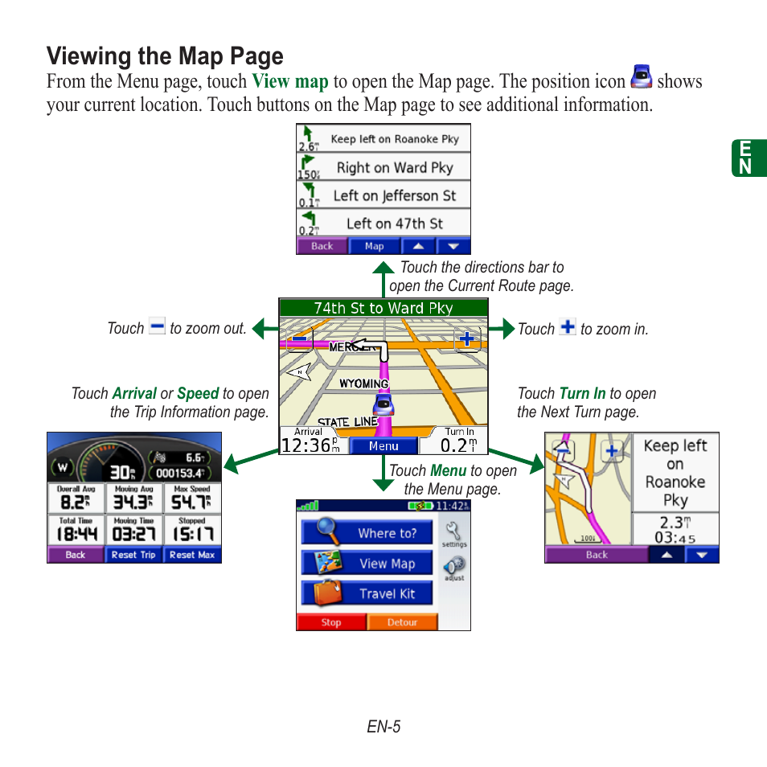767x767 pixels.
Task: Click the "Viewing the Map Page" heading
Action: (x=165, y=56)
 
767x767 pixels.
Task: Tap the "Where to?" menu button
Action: (x=367, y=532)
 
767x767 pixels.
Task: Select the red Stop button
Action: (x=331, y=622)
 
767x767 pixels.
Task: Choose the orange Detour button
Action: (x=402, y=622)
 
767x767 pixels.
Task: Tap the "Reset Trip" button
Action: (x=133, y=555)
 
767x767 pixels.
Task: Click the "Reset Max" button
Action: (x=192, y=555)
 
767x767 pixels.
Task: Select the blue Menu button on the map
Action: (x=383, y=446)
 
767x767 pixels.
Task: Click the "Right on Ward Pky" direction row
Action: (x=383, y=167)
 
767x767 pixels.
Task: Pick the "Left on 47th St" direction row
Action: (x=383, y=224)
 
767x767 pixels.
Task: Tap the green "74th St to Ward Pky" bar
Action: (x=383, y=307)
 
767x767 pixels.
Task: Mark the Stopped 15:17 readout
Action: (x=192, y=531)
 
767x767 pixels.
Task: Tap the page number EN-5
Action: (x=383, y=727)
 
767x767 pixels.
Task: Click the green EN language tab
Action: (x=745, y=158)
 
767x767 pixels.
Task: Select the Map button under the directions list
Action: (x=375, y=247)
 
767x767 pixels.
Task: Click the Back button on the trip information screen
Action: (x=76, y=555)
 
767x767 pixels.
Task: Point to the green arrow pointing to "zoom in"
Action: (x=502, y=328)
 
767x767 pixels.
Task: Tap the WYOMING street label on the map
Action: (x=364, y=383)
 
